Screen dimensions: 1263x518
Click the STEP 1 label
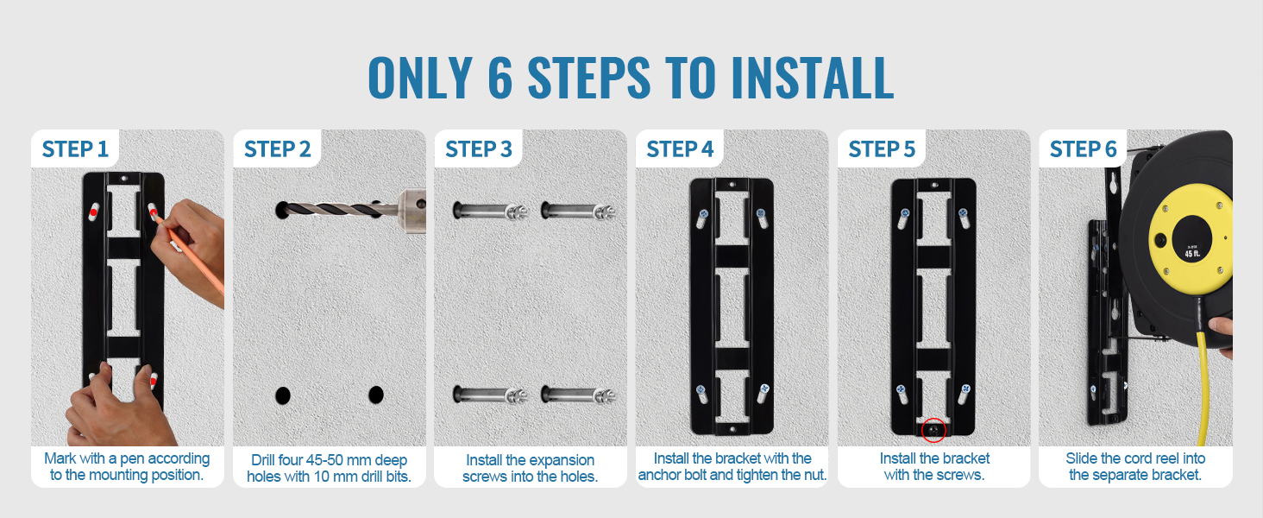pyautogui.click(x=75, y=149)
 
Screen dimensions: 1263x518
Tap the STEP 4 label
pyautogui.click(x=680, y=149)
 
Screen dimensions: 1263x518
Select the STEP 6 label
pyautogui.click(x=1084, y=149)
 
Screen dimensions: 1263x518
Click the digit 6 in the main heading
pyautogui.click(x=500, y=78)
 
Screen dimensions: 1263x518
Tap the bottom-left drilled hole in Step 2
pyautogui.click(x=282, y=395)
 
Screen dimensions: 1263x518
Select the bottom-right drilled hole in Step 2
pyautogui.click(x=376, y=395)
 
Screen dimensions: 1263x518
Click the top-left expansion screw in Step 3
pyautogui.click(x=490, y=211)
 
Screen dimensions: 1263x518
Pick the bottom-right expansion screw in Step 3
pyautogui.click(x=578, y=395)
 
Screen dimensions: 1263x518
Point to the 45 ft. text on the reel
pyautogui.click(x=1192, y=254)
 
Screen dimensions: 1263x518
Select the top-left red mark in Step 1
pyautogui.click(x=93, y=213)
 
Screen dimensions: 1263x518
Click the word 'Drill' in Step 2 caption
pyautogui.click(x=263, y=460)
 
